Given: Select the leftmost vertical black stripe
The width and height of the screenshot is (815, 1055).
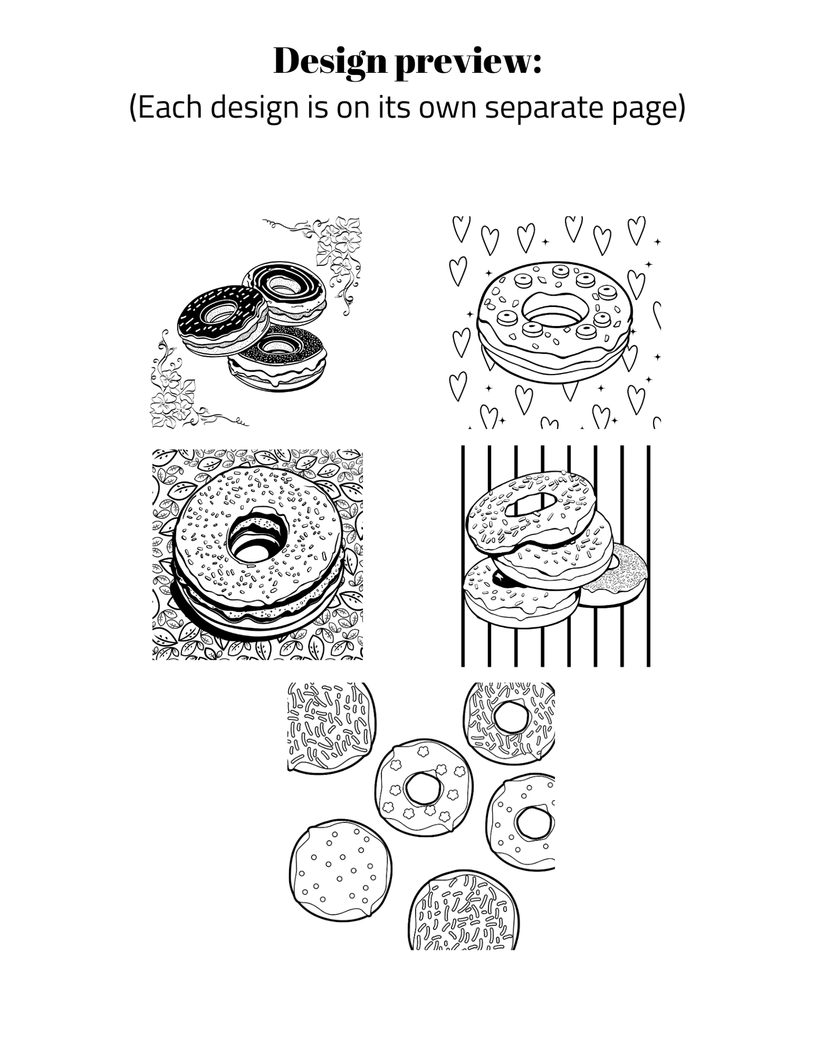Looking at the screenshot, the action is (x=463, y=555).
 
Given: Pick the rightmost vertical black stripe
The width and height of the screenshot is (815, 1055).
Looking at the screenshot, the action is (x=648, y=555).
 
